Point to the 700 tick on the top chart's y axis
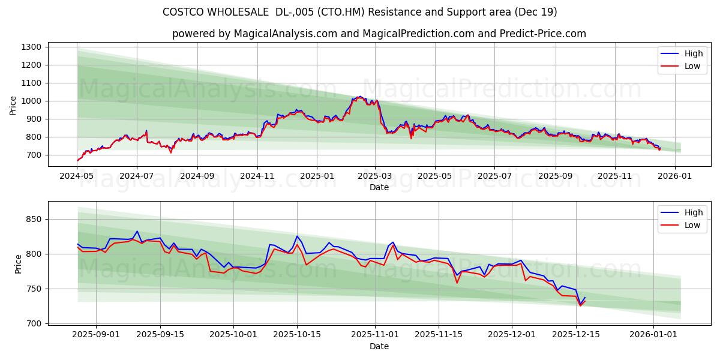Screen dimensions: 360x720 (x=34, y=155)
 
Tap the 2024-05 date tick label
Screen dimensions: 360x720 (x=77, y=176)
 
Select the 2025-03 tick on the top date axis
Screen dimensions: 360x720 (x=375, y=176)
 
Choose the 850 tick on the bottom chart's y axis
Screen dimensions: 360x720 (x=34, y=220)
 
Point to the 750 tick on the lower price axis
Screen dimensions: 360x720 (x=34, y=289)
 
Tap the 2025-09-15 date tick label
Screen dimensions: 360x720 (x=160, y=334)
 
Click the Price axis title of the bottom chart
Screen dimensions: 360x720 (x=18, y=263)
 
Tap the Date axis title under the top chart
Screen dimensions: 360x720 (x=379, y=187)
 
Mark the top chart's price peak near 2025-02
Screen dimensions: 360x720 (x=359, y=96)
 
